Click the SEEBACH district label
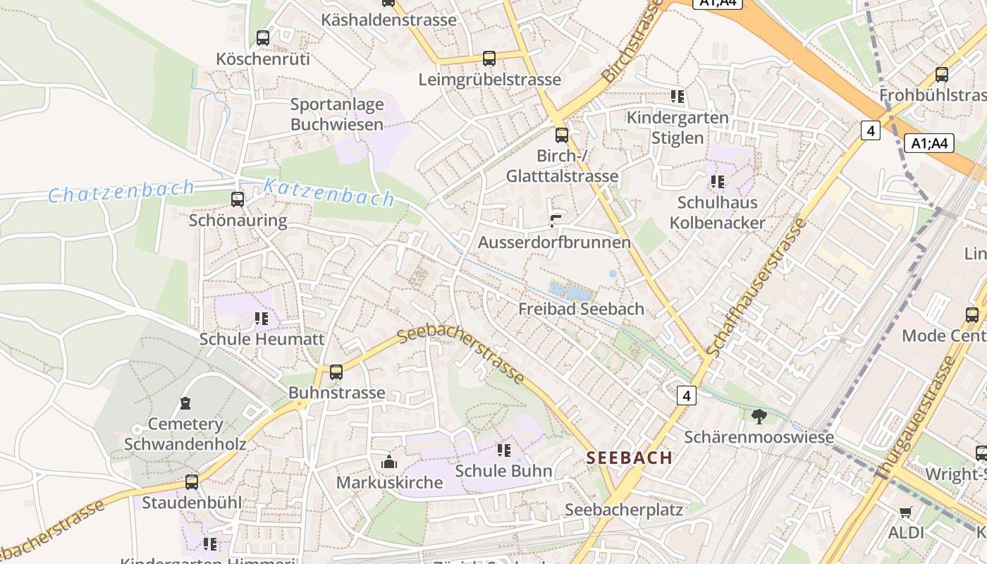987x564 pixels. click(x=630, y=458)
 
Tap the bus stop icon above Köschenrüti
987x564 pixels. click(x=263, y=38)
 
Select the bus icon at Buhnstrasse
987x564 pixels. click(x=336, y=372)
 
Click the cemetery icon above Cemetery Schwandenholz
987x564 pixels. click(x=185, y=403)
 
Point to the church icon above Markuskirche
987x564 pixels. click(x=388, y=462)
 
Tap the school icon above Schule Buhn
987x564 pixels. click(x=503, y=450)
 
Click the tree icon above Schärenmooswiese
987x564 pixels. click(x=759, y=417)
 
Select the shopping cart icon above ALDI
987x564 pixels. click(x=906, y=512)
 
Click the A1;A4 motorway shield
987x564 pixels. click(x=929, y=144)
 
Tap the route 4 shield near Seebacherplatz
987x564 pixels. click(x=687, y=396)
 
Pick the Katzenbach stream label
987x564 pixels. click(x=329, y=192)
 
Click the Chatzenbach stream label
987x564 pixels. click(x=121, y=191)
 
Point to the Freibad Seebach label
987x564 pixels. click(x=581, y=309)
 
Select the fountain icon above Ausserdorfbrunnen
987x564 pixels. click(x=556, y=221)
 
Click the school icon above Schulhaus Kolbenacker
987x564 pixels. click(x=718, y=182)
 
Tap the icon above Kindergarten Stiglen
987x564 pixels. click(x=678, y=97)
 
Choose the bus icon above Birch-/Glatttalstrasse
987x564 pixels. click(x=562, y=135)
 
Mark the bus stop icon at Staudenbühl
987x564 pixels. click(x=192, y=482)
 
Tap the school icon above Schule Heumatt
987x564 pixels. click(x=262, y=319)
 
